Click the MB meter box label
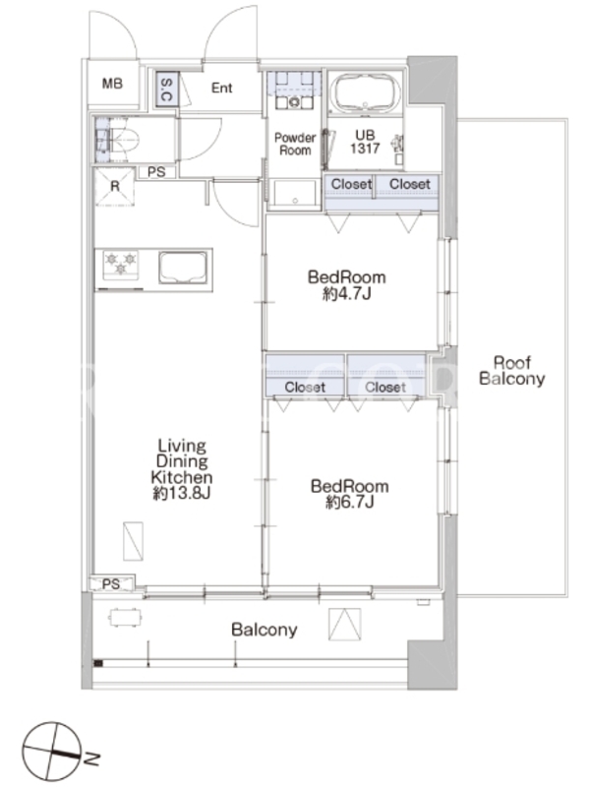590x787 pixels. (112, 84)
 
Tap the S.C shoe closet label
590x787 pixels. (166, 90)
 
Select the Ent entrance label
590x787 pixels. (222, 88)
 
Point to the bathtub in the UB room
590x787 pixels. (365, 93)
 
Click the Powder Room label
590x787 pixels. (295, 144)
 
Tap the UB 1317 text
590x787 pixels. (365, 142)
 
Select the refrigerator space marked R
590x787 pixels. (115, 187)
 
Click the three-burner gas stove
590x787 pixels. (120, 265)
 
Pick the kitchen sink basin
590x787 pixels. (183, 268)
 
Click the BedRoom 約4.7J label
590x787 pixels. (347, 284)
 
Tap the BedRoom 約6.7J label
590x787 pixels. (350, 494)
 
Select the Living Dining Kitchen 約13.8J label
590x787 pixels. (182, 469)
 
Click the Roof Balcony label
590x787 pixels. (511, 371)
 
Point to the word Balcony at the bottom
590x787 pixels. (265, 630)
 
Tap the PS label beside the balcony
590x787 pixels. (111, 583)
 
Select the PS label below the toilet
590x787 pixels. (156, 172)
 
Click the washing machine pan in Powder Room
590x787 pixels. (295, 193)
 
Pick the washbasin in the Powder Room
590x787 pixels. (294, 102)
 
